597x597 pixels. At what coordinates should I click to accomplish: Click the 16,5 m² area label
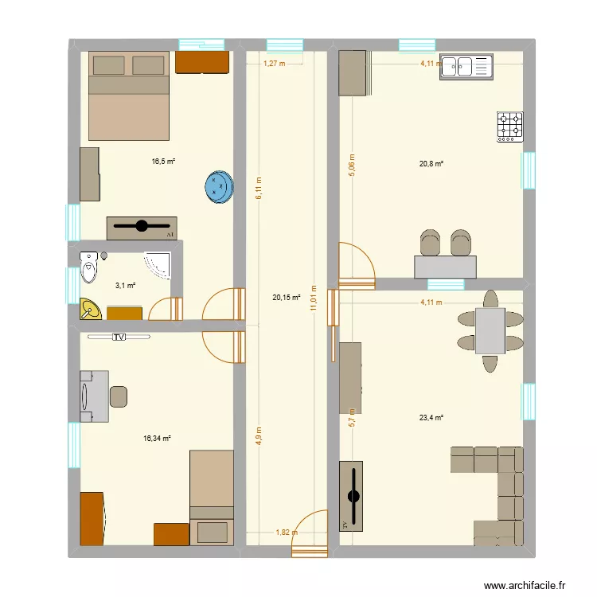[163, 161]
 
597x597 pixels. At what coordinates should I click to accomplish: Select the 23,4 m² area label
[431, 416]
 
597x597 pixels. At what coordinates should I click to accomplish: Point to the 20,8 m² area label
[431, 164]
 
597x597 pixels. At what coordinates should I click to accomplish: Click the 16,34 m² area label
[157, 438]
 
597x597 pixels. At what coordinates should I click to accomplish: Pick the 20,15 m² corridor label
[286, 298]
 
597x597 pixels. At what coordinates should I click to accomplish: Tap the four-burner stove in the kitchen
[510, 126]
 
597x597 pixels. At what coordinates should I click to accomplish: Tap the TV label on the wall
[119, 337]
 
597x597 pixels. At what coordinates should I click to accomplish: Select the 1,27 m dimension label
[273, 63]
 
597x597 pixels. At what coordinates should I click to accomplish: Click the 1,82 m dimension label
[287, 533]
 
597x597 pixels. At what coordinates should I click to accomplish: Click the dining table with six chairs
[490, 330]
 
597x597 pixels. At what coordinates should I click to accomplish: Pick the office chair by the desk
[118, 396]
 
